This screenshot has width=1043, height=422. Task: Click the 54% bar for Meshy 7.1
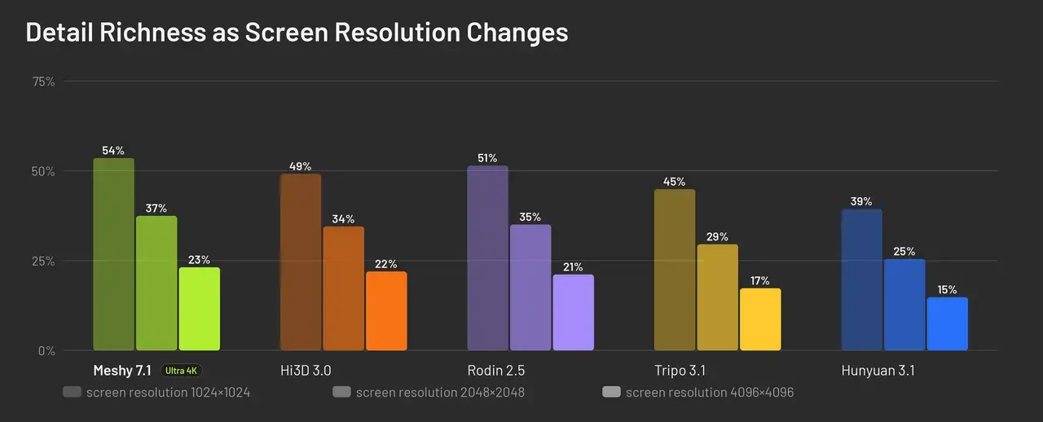tap(113, 254)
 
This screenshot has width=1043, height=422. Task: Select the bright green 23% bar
tap(200, 309)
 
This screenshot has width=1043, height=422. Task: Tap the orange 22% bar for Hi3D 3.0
tap(386, 310)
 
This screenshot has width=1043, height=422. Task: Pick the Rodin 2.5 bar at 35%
tap(530, 288)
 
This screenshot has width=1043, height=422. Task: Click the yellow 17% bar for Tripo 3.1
tap(760, 319)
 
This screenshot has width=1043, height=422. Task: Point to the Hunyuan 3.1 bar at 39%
tap(862, 279)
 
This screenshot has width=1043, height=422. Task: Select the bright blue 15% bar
tap(948, 323)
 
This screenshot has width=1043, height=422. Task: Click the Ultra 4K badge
tap(181, 371)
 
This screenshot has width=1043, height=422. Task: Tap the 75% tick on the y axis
tap(43, 81)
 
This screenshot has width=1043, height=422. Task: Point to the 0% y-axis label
tap(46, 351)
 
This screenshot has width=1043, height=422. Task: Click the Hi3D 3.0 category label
tap(306, 371)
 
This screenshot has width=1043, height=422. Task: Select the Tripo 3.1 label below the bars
tap(680, 371)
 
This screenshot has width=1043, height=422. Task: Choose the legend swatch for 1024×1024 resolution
tap(73, 392)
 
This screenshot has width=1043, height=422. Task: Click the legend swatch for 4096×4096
tap(611, 392)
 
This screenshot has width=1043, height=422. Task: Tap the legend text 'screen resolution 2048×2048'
tap(440, 392)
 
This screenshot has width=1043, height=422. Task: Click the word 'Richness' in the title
tap(152, 32)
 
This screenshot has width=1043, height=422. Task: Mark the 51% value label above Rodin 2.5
tap(487, 158)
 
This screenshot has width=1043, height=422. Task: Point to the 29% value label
tap(717, 236)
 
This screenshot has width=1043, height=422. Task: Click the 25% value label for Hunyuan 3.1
tap(904, 252)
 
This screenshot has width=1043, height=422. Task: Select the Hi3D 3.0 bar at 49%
tap(301, 262)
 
